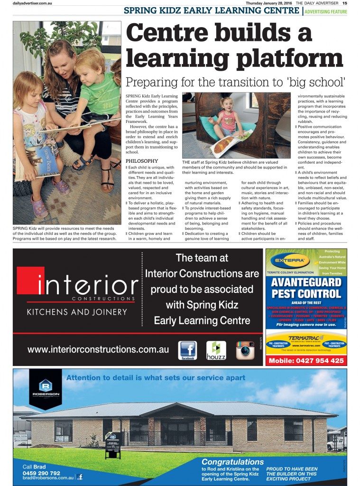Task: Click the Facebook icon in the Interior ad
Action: (187, 350)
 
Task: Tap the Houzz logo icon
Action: (216, 350)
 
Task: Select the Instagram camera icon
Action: (245, 350)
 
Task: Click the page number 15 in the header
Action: (345, 3)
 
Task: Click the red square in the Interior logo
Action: (30, 280)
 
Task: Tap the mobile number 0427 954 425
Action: (306, 361)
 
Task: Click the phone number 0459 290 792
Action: (42, 473)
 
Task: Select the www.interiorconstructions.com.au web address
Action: (98, 349)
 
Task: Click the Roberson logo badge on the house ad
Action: (45, 389)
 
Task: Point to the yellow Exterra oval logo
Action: (290, 261)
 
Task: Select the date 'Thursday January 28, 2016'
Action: (268, 3)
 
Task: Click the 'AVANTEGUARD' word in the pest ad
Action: (306, 282)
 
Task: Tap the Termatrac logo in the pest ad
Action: (306, 337)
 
